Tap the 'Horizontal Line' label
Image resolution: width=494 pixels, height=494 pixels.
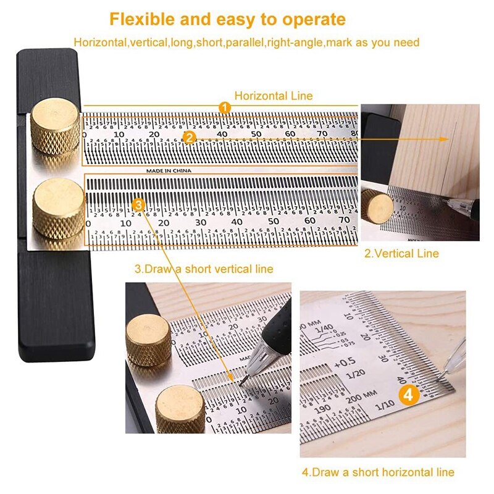pos(274,96)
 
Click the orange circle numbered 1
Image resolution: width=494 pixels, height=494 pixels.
pos(225,107)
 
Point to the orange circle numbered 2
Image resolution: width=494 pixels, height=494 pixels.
pos(190,138)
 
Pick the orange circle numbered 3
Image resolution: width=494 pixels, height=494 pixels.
pos(139,203)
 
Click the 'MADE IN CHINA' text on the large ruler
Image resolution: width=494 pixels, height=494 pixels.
pos(169,170)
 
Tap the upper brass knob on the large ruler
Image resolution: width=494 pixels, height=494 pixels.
pos(56,126)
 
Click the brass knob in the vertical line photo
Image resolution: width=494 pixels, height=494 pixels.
pos(377,206)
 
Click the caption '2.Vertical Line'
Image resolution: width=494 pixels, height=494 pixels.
pos(401,253)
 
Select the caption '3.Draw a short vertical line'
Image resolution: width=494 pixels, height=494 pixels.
pos(204,269)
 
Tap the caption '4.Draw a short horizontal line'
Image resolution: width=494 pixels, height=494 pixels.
pos(378,472)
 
